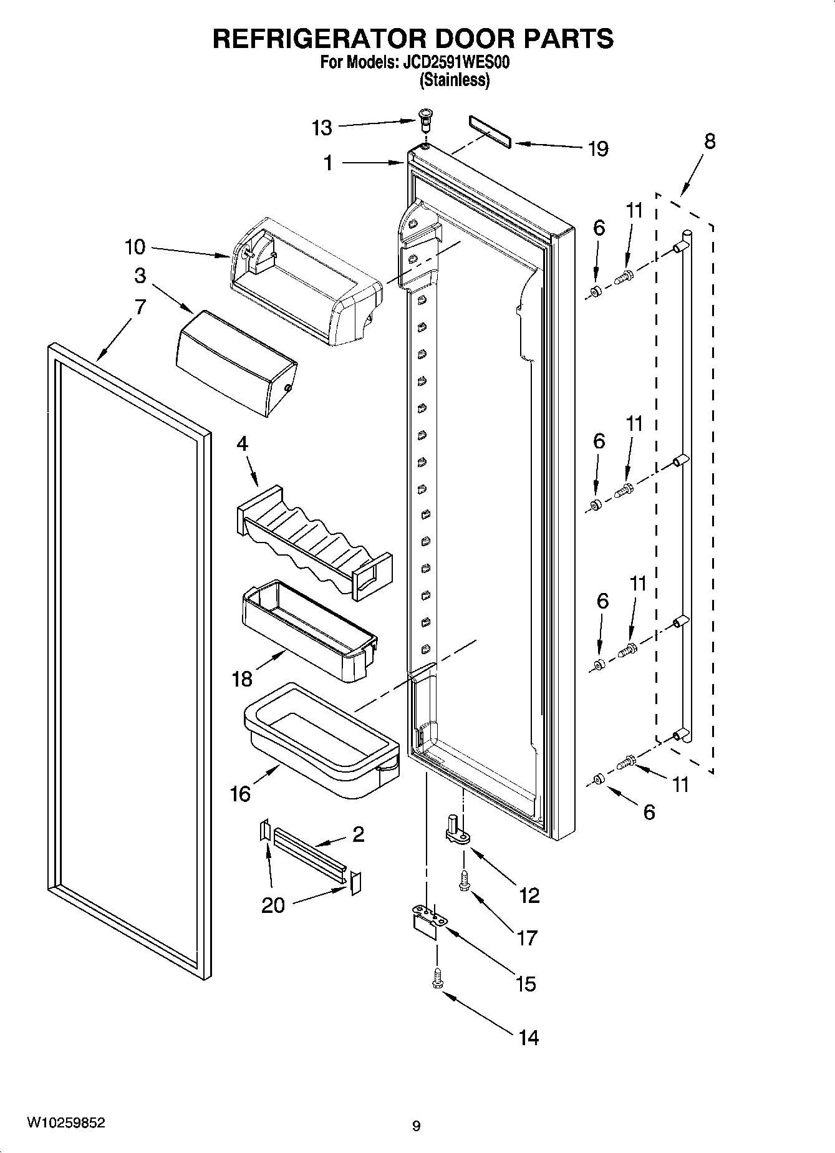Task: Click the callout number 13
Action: click(322, 128)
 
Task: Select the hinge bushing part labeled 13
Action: click(425, 118)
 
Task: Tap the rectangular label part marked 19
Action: click(489, 132)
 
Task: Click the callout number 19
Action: click(597, 149)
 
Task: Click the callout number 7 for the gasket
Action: click(140, 307)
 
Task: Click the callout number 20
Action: click(273, 905)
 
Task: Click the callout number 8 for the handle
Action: click(710, 142)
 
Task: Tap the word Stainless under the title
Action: click(455, 80)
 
